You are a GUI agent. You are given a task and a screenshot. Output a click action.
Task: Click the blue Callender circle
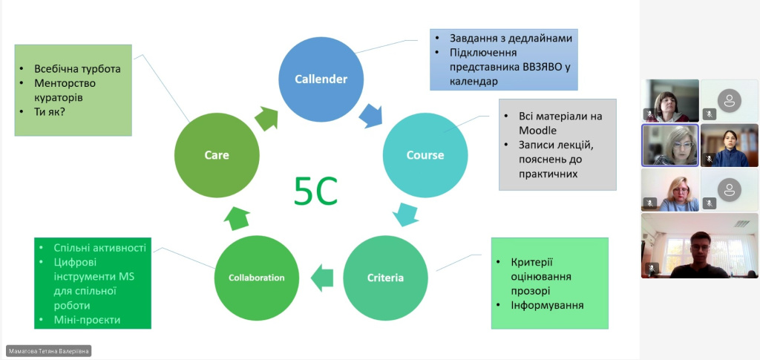tap(321, 79)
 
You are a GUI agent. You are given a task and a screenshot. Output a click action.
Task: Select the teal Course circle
tap(425, 155)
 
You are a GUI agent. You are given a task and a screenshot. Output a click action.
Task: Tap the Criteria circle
tap(385, 278)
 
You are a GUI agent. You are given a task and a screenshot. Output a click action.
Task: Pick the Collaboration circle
tap(256, 278)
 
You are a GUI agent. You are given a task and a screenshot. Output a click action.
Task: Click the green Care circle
tap(217, 155)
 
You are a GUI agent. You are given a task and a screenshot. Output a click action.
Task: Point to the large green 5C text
tap(315, 191)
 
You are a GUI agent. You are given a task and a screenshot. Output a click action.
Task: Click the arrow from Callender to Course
tap(370, 114)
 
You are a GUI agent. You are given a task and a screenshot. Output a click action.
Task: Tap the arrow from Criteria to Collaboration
tap(321, 279)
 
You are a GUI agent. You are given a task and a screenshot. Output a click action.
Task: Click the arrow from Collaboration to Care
tap(237, 217)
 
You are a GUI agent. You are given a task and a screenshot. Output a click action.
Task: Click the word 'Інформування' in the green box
tap(547, 305)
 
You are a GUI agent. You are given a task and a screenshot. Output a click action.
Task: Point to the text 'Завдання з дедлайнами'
tap(511, 38)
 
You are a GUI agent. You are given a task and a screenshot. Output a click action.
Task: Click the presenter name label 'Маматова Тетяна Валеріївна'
tap(49, 351)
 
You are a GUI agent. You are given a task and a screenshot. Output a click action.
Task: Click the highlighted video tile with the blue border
tap(669, 145)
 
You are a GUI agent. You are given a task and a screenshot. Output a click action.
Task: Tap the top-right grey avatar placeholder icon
tap(730, 100)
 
